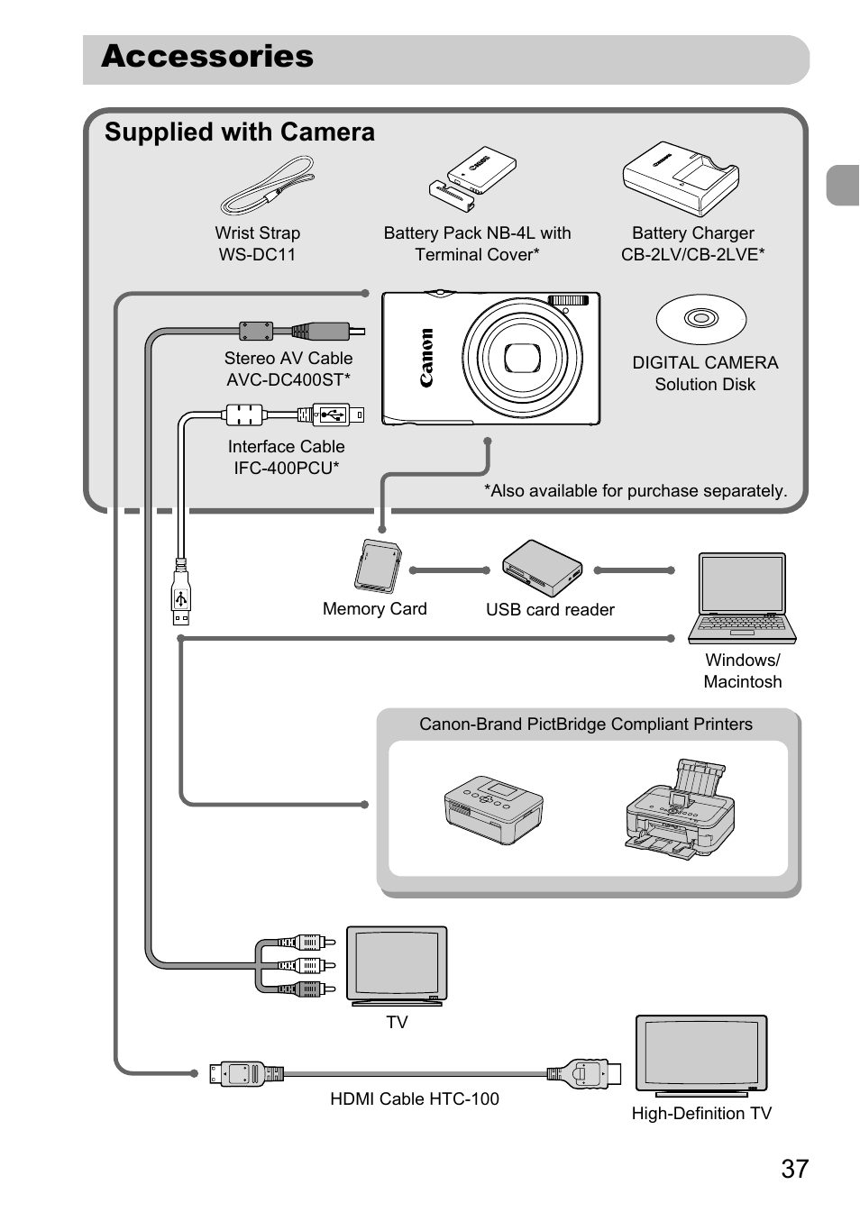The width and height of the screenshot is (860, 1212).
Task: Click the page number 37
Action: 794,1169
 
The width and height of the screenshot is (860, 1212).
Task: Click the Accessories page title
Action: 207,57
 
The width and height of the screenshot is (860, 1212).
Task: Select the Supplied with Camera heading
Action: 240,132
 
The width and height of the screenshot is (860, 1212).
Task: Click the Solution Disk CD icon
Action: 701,318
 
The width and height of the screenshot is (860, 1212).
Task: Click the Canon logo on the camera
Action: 426,358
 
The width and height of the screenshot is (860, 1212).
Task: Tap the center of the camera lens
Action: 521,358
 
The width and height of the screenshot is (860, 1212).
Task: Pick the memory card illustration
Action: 377,567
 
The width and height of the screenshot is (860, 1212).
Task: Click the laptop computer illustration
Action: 743,598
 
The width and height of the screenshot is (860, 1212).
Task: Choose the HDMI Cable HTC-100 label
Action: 415,1098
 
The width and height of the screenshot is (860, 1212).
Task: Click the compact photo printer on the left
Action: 493,807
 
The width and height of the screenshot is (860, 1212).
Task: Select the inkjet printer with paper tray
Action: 681,808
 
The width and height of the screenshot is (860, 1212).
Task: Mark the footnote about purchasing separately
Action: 636,490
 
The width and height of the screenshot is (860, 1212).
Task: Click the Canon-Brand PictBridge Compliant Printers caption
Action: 586,724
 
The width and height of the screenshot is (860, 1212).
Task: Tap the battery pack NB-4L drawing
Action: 472,179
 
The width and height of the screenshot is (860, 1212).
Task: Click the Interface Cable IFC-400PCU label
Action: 287,457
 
